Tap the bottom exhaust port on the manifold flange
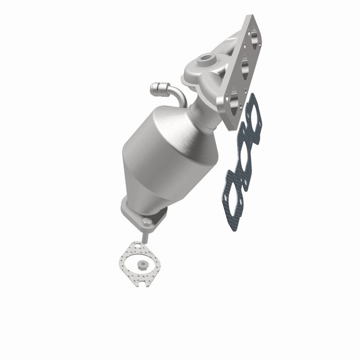235,98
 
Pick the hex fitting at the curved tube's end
156,91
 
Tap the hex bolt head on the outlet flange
147,222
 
